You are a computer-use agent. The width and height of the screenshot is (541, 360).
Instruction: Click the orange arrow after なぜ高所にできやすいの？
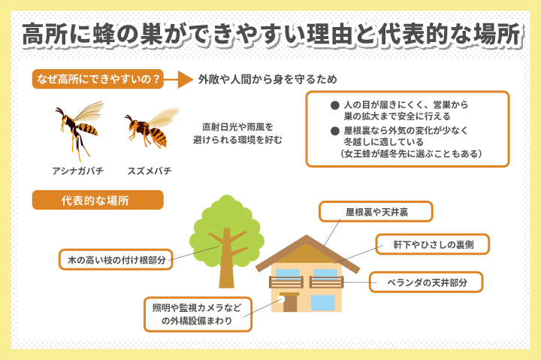coord(178,80)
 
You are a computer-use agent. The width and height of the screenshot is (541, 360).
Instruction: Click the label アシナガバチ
coord(77,171)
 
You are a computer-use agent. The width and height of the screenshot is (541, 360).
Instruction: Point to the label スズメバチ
coord(150,171)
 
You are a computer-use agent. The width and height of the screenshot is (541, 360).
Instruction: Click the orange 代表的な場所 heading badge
coord(98,200)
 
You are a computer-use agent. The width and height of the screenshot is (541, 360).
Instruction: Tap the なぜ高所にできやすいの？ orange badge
coord(98,80)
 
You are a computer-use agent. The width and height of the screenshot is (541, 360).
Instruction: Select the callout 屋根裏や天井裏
coord(376,212)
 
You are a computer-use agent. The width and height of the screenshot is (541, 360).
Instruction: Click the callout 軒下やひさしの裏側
coord(432,244)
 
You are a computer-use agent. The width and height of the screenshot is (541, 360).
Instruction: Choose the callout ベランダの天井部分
coord(426,283)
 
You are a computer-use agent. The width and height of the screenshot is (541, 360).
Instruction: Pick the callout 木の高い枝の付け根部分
coord(116,259)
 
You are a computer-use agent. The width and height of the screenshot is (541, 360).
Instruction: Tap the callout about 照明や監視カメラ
coord(198,314)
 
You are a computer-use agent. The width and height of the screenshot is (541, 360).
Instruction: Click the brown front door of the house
coord(290,303)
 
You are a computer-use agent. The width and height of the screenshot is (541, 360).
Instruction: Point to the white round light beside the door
coord(281,299)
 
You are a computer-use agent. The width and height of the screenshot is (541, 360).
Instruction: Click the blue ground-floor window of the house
coord(323,303)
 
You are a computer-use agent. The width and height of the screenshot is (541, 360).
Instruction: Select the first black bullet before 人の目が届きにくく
coord(334,105)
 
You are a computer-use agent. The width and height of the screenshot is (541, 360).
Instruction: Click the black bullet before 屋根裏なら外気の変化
coord(334,131)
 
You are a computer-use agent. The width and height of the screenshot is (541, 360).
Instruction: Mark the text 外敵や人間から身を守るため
coord(267,80)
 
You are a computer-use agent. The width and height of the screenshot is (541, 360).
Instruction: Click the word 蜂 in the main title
coord(104,34)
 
